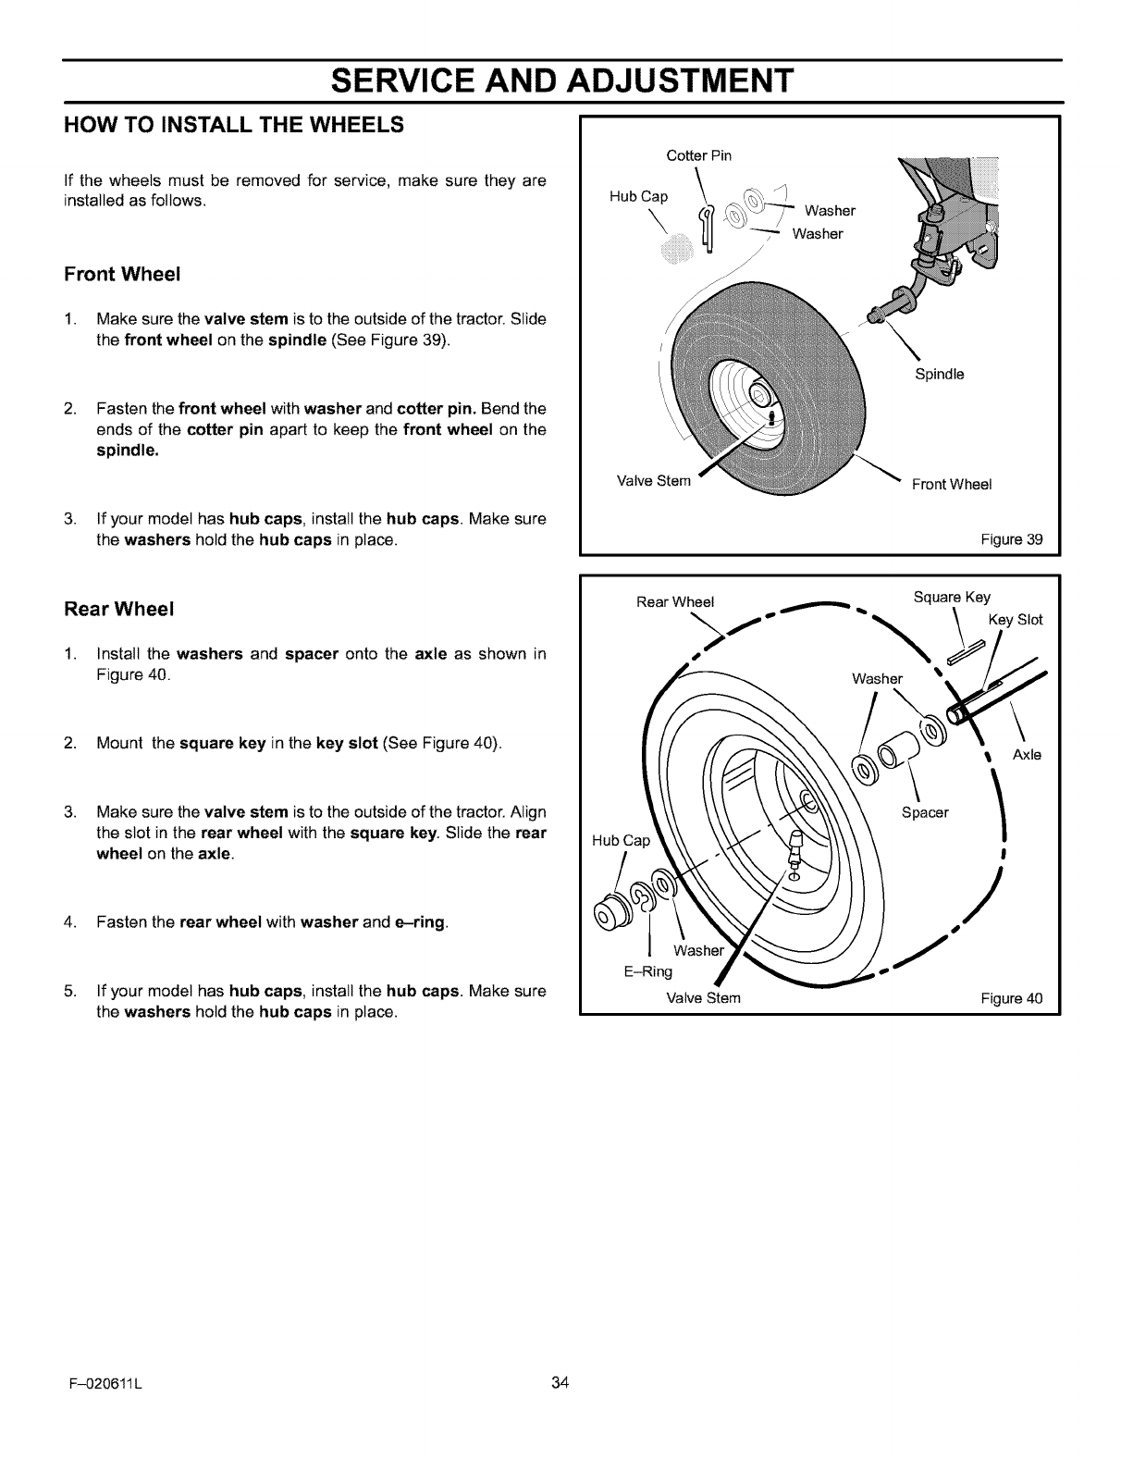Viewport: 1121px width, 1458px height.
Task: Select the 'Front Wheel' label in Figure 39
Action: (952, 485)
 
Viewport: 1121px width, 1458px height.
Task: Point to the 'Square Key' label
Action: (952, 597)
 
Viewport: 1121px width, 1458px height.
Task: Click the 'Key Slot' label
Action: (1016, 620)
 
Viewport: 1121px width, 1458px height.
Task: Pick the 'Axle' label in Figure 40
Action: (1027, 755)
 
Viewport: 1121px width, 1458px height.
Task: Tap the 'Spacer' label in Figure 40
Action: (925, 813)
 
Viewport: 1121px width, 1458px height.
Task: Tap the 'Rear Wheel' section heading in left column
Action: (119, 610)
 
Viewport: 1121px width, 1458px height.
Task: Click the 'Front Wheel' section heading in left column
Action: (122, 275)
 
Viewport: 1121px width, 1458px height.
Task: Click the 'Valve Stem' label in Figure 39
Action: (653, 480)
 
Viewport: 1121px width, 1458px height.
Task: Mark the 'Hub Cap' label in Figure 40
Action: (622, 840)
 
